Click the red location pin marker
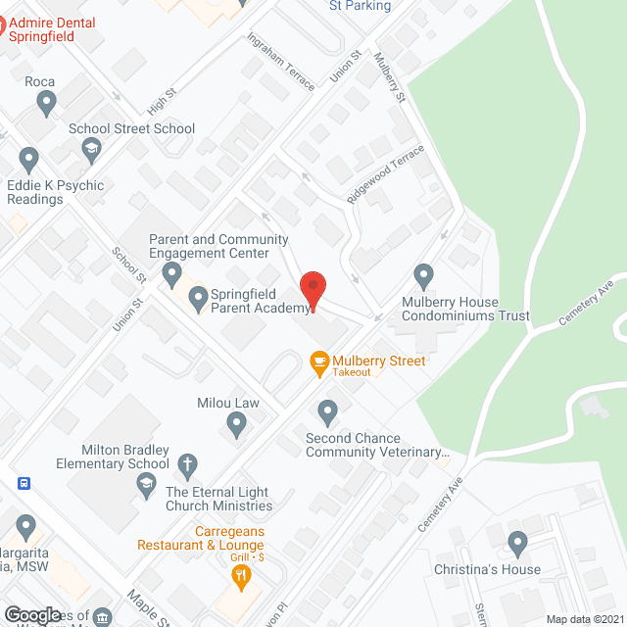(x=313, y=289)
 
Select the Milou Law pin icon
(x=235, y=423)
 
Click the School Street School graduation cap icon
(x=92, y=150)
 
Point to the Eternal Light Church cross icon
(x=187, y=463)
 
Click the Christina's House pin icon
(x=517, y=542)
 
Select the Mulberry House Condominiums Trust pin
(x=423, y=275)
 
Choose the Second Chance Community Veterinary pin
(x=328, y=410)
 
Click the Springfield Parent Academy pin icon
(x=198, y=297)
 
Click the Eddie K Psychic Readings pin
(x=28, y=159)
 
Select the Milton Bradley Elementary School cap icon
(x=146, y=483)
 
